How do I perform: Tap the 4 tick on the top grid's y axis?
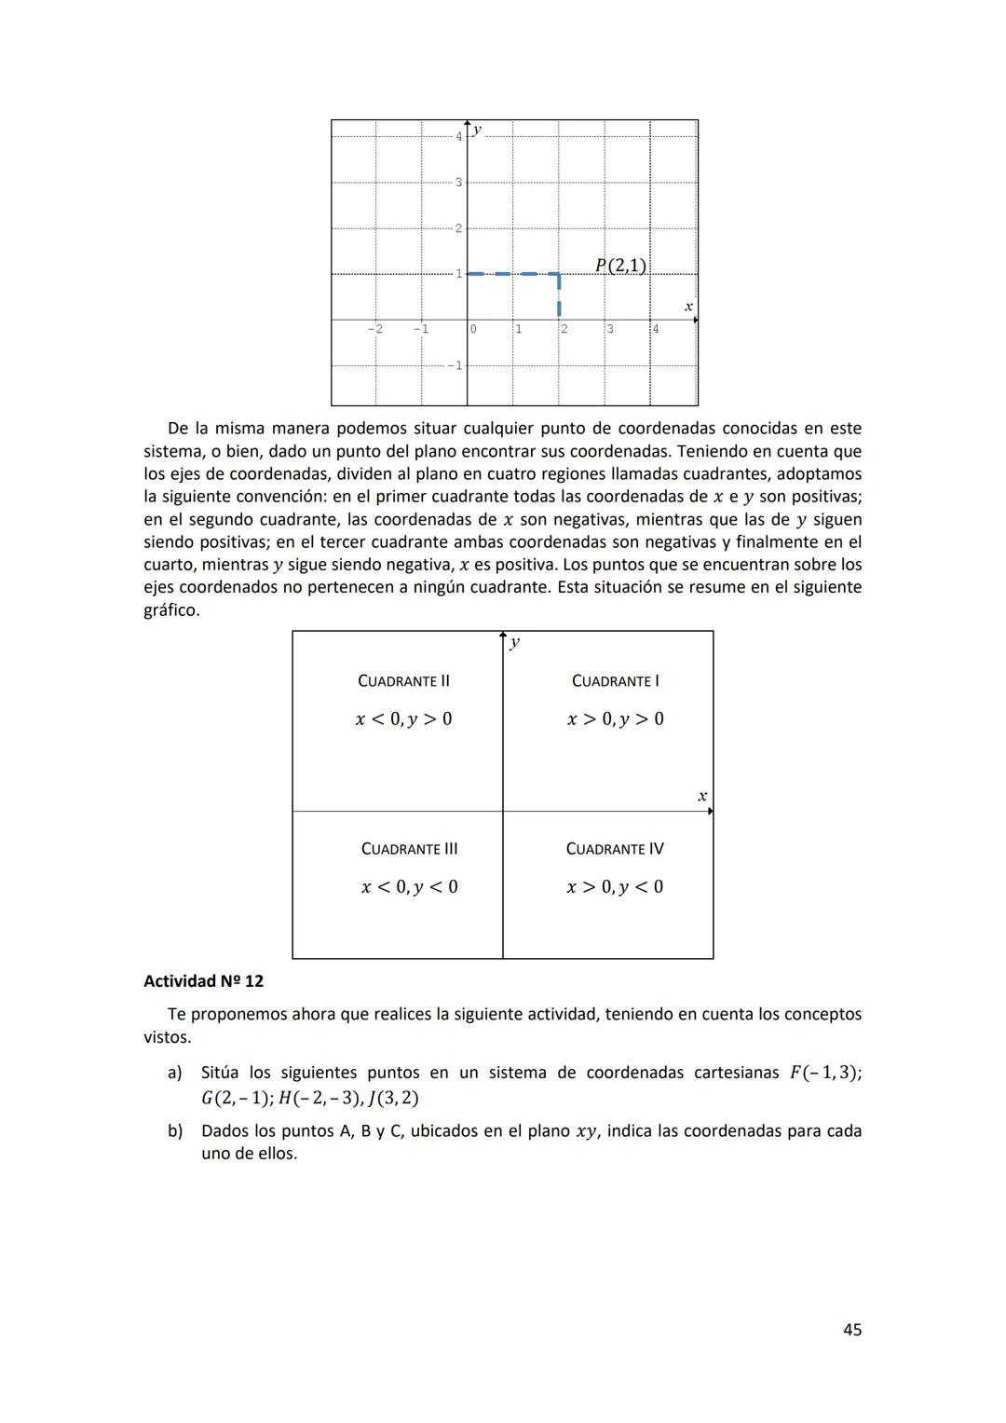(x=458, y=136)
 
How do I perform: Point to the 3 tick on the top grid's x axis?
(x=610, y=329)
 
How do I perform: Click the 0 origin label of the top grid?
(x=473, y=329)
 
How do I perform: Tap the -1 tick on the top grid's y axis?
(x=455, y=365)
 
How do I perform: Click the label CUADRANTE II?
(x=403, y=681)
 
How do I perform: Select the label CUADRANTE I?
(x=615, y=681)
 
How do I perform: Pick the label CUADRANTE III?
(x=409, y=849)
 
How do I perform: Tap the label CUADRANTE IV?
(x=615, y=849)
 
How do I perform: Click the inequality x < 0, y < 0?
(x=409, y=886)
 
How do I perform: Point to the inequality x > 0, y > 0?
(x=615, y=718)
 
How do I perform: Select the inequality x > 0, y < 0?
(x=615, y=886)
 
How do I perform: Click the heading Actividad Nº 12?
(x=203, y=981)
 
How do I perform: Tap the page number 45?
(x=851, y=1330)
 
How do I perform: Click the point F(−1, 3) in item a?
(x=824, y=1073)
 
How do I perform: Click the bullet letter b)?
(x=175, y=1131)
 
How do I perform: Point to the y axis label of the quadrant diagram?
(x=515, y=642)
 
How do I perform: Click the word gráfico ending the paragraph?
(x=170, y=610)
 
